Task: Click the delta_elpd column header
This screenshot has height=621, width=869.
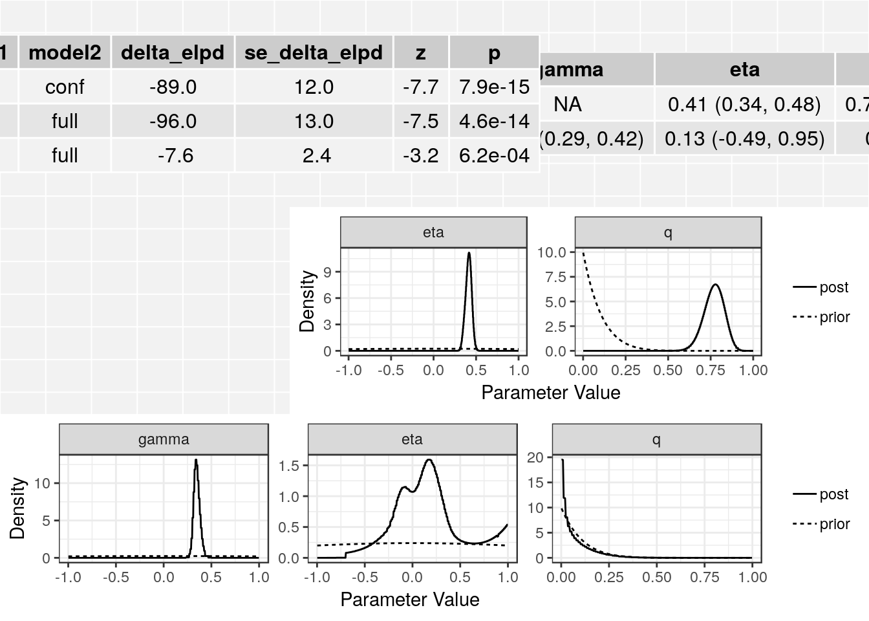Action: coord(173,52)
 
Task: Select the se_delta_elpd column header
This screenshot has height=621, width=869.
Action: coord(314,52)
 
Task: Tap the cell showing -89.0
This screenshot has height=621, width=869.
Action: coord(173,87)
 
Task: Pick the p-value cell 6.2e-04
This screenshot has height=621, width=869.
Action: coord(494,155)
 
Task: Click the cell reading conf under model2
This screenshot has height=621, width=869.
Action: coord(65,87)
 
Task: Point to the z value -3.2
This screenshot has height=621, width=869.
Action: coord(420,155)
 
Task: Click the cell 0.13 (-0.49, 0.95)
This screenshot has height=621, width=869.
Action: coord(744,138)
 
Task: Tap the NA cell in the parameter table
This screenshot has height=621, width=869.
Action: coord(568,104)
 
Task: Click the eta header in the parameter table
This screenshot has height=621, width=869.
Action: coord(744,69)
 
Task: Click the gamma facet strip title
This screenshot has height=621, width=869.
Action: coord(164,440)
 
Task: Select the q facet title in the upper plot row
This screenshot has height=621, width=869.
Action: coord(668,233)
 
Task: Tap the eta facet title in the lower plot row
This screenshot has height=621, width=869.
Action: coord(412,440)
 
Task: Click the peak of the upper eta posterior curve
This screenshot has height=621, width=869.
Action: coord(469,253)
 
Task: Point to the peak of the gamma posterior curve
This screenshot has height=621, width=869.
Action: coord(196,460)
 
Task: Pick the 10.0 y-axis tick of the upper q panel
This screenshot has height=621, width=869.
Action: coord(552,252)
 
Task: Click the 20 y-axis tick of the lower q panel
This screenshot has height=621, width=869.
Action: coord(535,458)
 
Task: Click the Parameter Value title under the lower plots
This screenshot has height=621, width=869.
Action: coord(410,600)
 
